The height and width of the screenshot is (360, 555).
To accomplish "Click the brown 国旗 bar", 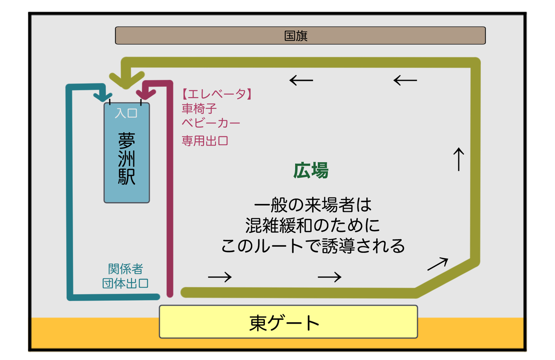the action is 300,36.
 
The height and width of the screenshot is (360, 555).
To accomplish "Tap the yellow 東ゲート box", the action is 288,322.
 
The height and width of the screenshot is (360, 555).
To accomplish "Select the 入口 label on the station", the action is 126,113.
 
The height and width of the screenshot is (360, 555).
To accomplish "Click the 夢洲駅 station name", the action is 127,158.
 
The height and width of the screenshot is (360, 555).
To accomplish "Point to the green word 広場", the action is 310,171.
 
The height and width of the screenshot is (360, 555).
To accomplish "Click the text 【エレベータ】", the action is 217,94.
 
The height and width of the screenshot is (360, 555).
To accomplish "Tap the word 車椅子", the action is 199,108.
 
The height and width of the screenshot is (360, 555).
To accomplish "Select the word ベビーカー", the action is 211,123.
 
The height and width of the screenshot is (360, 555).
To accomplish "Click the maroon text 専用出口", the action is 205,141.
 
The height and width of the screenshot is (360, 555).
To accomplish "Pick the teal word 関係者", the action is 125,269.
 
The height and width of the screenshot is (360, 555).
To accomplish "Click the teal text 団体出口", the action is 125,284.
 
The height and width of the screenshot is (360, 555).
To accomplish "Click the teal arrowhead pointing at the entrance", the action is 103,94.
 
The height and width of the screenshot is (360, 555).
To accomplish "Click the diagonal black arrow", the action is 437,264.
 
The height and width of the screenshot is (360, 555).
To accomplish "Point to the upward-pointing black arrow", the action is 459,159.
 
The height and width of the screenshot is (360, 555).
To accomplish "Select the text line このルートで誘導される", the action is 313,246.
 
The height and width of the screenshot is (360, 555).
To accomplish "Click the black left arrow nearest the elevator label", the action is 301,80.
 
